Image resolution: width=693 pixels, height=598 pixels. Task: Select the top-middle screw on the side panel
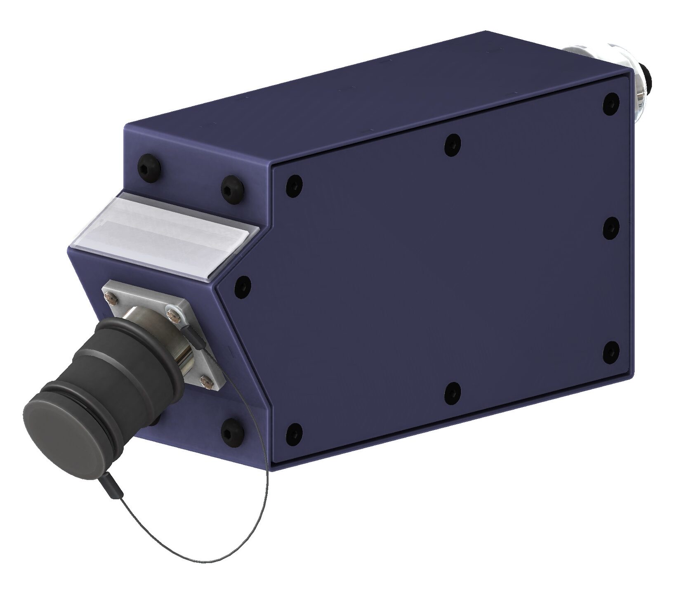pos(453,144)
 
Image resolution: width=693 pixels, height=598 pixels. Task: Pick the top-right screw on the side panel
pos(611,103)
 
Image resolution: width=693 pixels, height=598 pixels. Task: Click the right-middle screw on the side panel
pos(611,227)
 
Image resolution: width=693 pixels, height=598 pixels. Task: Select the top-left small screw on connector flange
pos(111,296)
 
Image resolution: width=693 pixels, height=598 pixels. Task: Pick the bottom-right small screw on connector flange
pos(205,382)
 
